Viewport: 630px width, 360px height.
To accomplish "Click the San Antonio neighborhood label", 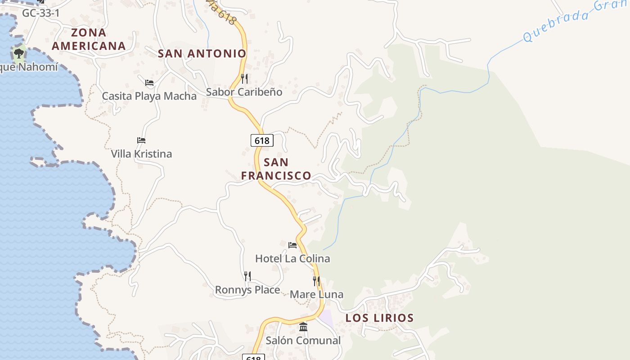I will (x=202, y=54).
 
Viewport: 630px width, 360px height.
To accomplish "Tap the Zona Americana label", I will (x=88, y=39).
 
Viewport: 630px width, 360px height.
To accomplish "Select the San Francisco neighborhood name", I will (x=276, y=169).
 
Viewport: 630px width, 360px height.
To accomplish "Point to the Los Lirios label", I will (x=379, y=318).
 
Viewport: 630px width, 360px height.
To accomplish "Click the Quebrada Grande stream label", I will (x=576, y=20).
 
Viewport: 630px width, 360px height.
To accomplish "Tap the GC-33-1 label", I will (x=40, y=13).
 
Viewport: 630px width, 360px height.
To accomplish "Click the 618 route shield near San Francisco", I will (x=262, y=140).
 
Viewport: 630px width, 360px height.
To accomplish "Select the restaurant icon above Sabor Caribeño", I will (x=244, y=79).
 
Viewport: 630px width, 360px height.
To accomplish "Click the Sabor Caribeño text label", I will (x=244, y=92).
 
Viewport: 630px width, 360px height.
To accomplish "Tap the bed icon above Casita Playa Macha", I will (x=149, y=83).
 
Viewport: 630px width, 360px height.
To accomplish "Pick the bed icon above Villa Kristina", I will (x=141, y=140).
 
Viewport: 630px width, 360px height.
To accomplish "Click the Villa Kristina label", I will (x=141, y=154).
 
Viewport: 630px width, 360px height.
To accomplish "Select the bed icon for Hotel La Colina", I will (x=292, y=245).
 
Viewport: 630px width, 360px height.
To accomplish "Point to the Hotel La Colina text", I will (x=292, y=259).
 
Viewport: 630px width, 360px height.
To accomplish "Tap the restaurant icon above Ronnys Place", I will (x=247, y=276).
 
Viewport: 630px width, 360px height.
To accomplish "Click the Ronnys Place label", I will (x=247, y=290).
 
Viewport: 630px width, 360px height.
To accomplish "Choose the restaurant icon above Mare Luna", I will (x=316, y=281).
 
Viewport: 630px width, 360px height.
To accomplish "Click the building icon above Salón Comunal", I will (x=303, y=327).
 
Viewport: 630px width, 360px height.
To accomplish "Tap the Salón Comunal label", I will (x=303, y=341).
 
